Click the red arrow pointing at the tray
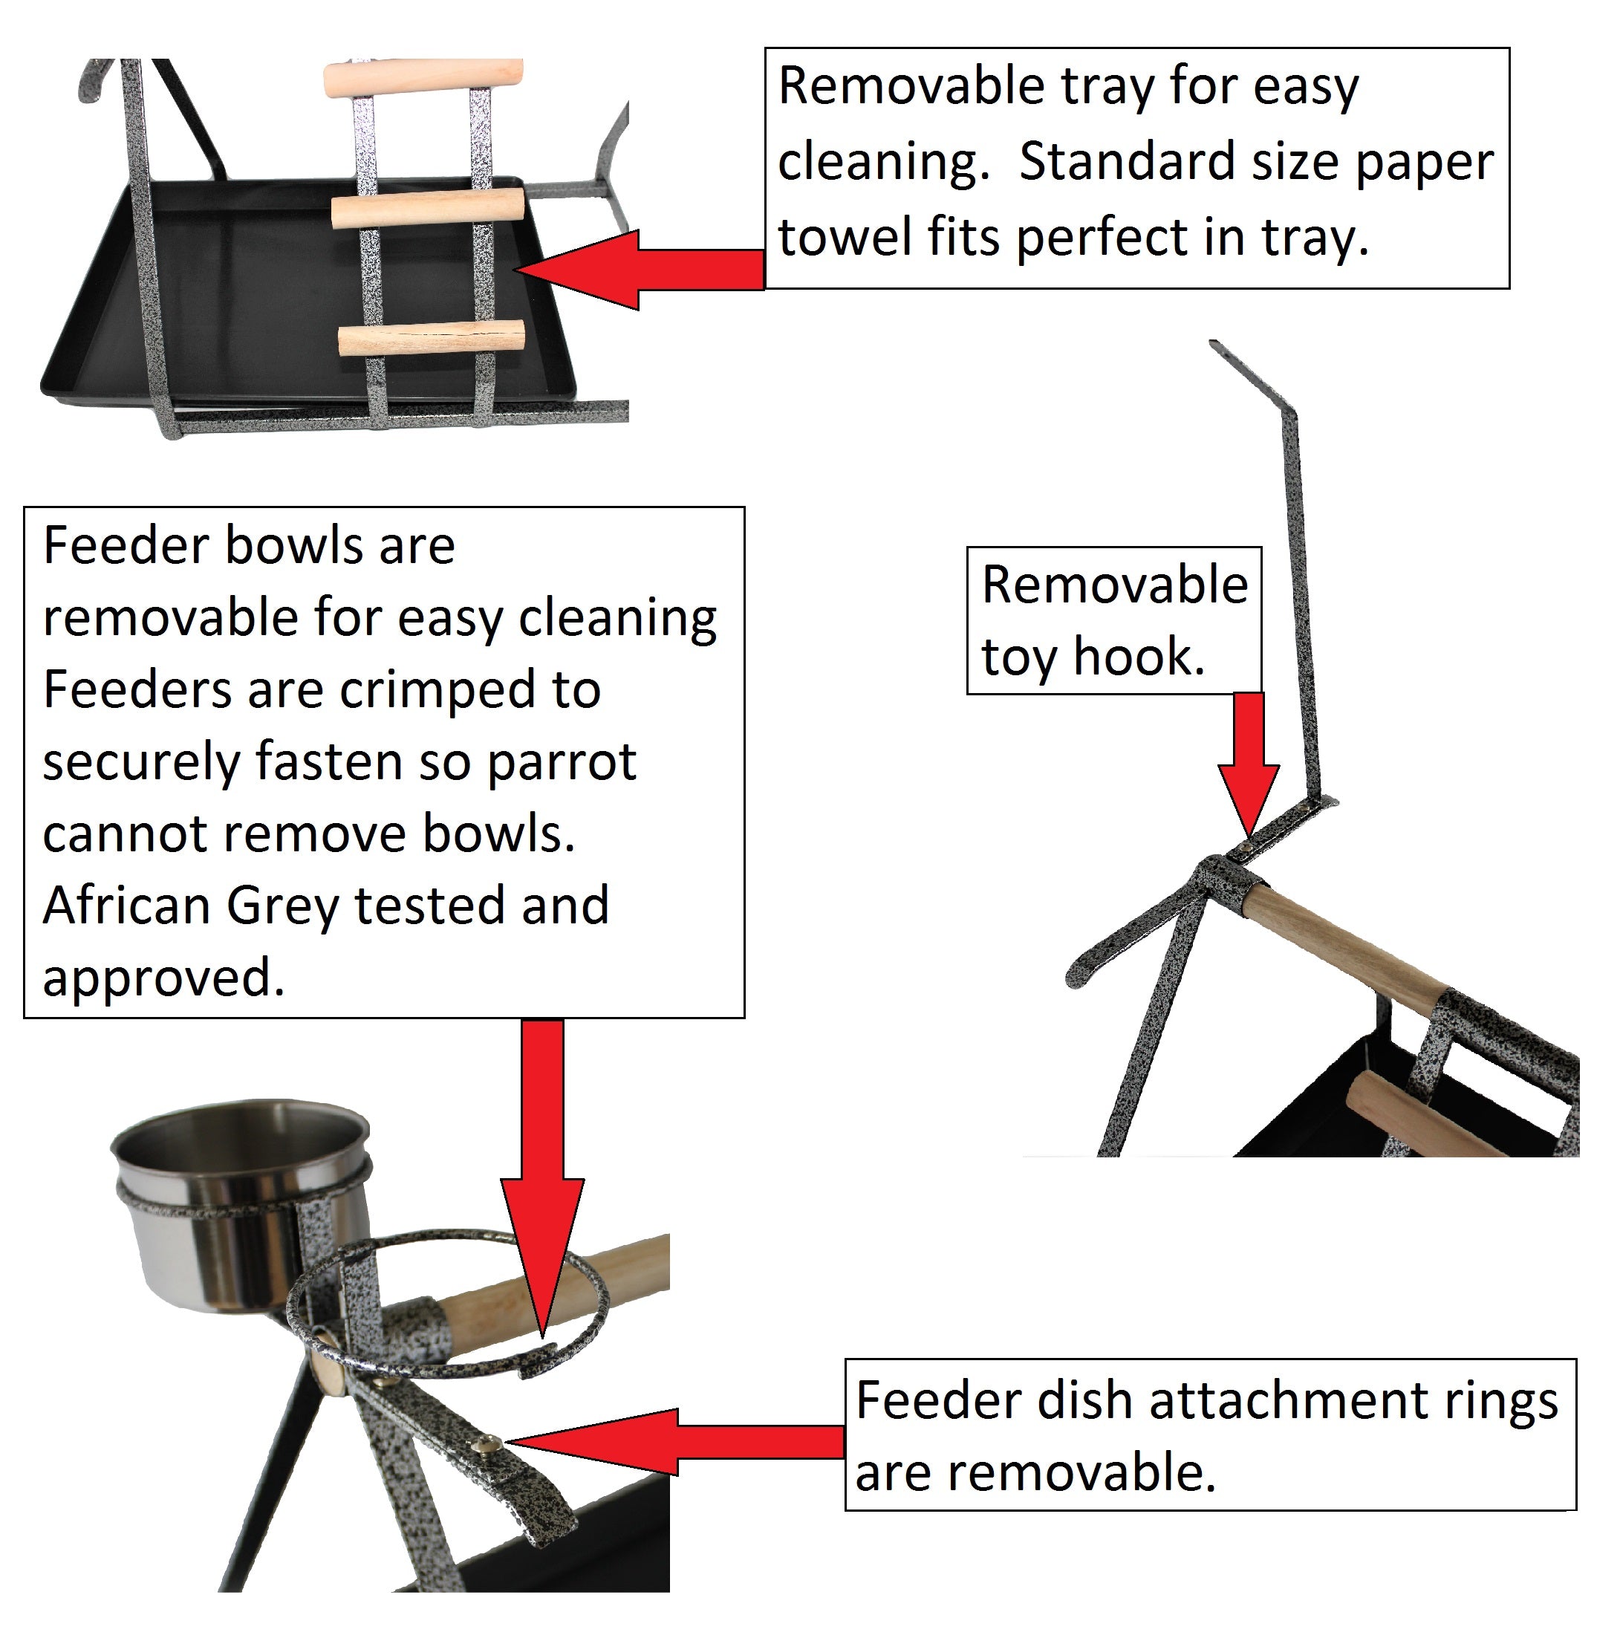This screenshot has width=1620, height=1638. pyautogui.click(x=640, y=270)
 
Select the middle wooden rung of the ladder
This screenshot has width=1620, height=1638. pyautogui.click(x=428, y=209)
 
